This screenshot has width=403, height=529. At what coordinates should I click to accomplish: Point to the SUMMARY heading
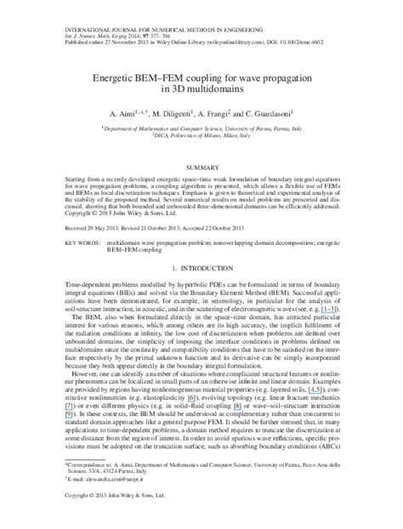coord(201,168)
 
